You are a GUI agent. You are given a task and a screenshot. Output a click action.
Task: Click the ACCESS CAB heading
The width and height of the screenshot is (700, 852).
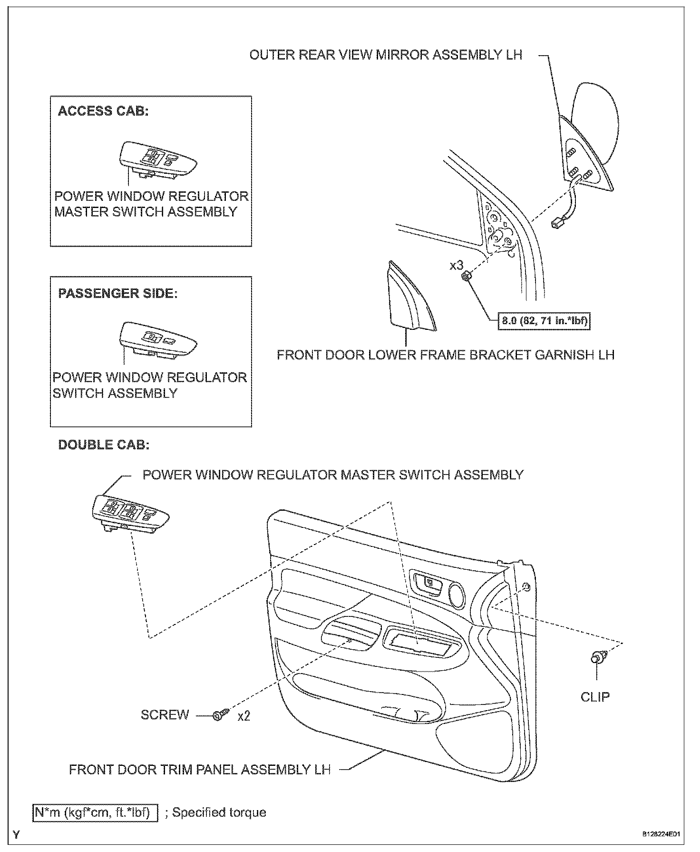[x=103, y=111]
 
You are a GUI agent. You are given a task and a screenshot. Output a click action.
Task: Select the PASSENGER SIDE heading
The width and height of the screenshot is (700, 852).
[x=117, y=293]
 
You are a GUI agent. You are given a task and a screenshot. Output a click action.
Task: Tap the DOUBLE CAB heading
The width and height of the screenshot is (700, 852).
[x=104, y=445]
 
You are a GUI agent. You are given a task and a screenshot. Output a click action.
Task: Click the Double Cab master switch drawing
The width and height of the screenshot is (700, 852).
[x=130, y=513]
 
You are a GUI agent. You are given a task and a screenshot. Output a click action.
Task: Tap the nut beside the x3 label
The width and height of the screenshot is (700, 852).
[x=467, y=276]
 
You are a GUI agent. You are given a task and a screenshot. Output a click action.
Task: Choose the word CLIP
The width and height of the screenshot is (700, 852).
[x=595, y=697]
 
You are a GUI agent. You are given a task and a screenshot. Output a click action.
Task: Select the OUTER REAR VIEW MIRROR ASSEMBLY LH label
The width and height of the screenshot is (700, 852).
[x=386, y=55]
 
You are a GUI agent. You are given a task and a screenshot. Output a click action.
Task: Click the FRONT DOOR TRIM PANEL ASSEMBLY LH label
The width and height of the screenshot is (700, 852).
[x=200, y=770]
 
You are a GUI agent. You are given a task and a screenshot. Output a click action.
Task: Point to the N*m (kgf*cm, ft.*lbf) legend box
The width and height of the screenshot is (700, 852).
[x=95, y=812]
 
